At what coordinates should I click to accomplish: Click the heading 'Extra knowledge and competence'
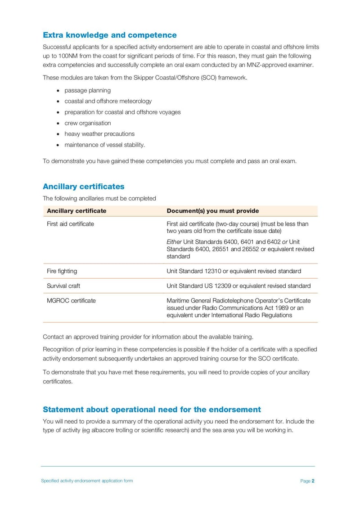109,35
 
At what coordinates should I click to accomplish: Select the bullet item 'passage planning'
87,90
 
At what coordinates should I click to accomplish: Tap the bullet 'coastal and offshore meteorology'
108,101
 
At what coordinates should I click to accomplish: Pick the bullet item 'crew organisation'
87,123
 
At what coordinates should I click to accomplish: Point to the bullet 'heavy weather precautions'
99,134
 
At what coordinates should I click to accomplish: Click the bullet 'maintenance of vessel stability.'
104,145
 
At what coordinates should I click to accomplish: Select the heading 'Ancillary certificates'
83,187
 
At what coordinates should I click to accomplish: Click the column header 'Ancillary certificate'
76,211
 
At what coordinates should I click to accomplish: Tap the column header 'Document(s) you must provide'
212,211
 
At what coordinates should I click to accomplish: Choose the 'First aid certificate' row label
70,224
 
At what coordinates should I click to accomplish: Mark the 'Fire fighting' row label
62,271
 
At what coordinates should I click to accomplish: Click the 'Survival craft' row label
63,286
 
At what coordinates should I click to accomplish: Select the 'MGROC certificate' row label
71,301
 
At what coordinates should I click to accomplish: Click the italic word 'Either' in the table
174,242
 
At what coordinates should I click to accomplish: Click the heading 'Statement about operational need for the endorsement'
152,410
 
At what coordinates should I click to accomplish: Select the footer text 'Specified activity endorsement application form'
87,481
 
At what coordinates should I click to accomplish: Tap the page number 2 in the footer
313,481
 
